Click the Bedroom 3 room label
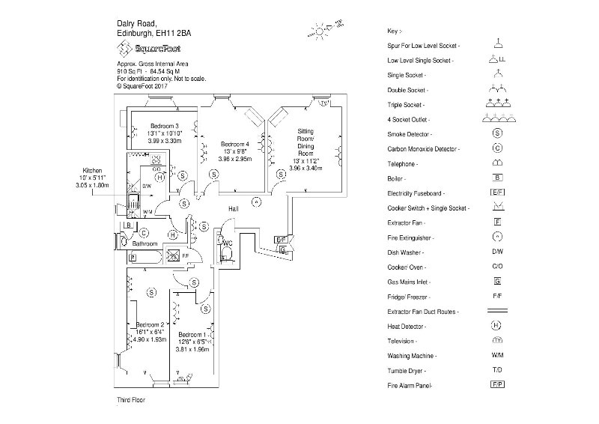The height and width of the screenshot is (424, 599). click(163, 125)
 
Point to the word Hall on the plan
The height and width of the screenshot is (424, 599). click(234, 208)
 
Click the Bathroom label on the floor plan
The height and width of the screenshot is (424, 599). click(145, 244)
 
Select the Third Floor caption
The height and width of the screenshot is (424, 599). click(131, 401)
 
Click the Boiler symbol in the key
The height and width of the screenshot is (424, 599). click(496, 178)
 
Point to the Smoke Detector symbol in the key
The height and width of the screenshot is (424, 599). click(496, 133)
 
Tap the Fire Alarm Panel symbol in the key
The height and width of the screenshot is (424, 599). click(496, 384)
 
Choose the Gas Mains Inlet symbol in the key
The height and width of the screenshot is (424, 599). click(496, 281)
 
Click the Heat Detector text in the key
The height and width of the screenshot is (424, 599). click(410, 326)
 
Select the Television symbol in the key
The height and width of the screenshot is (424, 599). click(496, 340)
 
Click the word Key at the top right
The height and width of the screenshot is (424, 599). click(395, 31)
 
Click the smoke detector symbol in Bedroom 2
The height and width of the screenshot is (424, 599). click(152, 291)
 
